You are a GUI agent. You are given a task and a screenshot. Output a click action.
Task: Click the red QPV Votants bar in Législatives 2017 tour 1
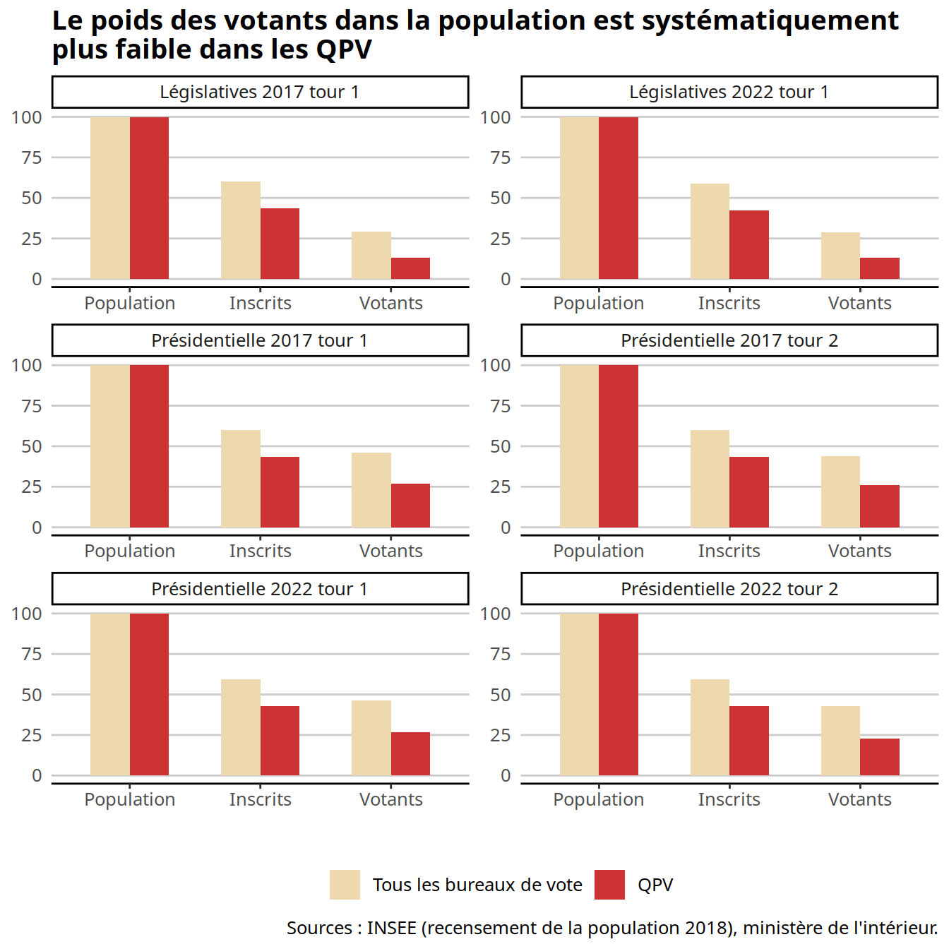(x=410, y=268)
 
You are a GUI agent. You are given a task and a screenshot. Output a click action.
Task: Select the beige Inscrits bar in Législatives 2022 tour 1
(x=710, y=232)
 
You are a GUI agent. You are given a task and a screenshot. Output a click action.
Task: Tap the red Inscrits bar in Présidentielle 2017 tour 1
(x=280, y=492)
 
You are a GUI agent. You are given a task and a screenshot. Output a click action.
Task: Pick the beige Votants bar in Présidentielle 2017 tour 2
(x=840, y=492)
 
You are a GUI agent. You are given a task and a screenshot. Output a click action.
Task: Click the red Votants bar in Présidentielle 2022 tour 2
(x=880, y=757)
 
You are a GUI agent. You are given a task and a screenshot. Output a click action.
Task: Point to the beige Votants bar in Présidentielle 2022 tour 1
(x=371, y=738)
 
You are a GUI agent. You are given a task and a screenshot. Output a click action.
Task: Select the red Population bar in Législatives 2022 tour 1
(x=619, y=198)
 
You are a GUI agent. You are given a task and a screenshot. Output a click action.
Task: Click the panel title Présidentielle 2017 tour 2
(x=729, y=340)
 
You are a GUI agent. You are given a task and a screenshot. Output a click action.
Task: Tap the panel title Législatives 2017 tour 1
(x=260, y=92)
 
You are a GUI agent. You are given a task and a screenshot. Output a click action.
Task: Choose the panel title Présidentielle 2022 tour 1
(x=260, y=589)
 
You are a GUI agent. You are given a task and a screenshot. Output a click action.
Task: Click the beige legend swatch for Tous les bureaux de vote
(x=345, y=885)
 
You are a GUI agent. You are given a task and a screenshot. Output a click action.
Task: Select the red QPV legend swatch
(x=609, y=885)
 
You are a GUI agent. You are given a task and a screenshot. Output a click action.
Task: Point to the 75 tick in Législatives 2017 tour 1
(x=32, y=157)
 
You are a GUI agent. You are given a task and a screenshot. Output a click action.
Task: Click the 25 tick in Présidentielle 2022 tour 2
(x=501, y=735)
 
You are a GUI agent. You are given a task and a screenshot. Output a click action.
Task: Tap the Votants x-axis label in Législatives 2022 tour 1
(x=859, y=303)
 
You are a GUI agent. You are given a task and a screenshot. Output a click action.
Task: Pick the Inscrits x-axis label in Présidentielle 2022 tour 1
(x=260, y=799)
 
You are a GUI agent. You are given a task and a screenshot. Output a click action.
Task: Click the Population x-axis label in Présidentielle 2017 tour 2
(x=599, y=551)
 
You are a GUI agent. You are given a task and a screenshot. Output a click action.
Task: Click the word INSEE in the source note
(x=391, y=928)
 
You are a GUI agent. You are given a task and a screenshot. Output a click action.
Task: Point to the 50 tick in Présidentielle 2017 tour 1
(x=32, y=446)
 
